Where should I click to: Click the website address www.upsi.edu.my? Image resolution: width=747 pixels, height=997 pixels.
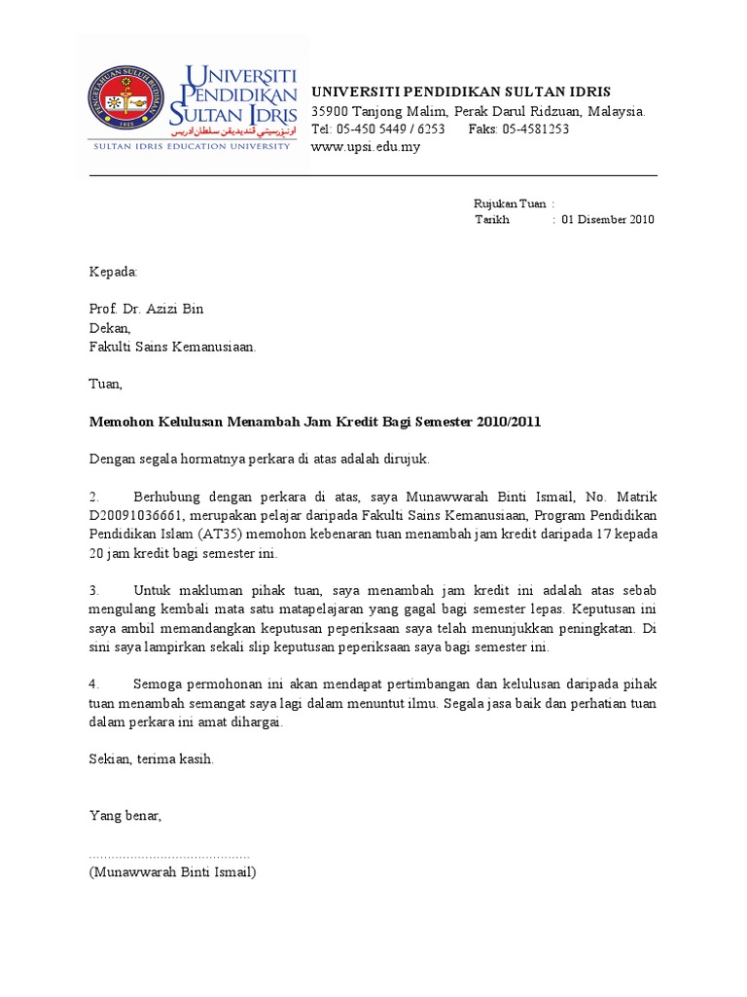pyautogui.click(x=365, y=147)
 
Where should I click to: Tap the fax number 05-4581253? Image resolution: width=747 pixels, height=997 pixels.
pyautogui.click(x=537, y=129)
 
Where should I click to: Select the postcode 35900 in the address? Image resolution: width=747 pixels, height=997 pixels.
pyautogui.click(x=330, y=112)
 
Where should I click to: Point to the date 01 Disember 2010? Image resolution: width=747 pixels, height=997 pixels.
pyautogui.click(x=608, y=220)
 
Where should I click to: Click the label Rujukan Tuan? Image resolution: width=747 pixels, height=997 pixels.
pyautogui.click(x=510, y=203)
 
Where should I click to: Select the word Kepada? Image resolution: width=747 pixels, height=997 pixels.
pyautogui.click(x=114, y=271)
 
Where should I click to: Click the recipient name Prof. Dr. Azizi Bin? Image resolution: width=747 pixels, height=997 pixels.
pyautogui.click(x=147, y=310)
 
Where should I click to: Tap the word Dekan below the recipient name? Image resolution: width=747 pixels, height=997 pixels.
pyautogui.click(x=110, y=328)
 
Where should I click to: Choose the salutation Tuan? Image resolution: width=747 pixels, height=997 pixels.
pyautogui.click(x=106, y=385)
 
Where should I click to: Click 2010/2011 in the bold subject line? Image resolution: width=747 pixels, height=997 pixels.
pyautogui.click(x=506, y=422)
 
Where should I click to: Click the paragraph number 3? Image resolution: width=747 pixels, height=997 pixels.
pyautogui.click(x=94, y=591)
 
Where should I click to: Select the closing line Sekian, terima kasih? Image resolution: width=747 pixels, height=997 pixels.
pyautogui.click(x=151, y=758)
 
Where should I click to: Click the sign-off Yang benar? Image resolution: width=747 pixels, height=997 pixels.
pyautogui.click(x=125, y=816)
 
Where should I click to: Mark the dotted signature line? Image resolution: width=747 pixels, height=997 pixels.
pyautogui.click(x=169, y=854)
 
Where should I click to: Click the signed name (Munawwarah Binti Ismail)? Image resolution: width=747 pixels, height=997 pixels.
pyautogui.click(x=172, y=872)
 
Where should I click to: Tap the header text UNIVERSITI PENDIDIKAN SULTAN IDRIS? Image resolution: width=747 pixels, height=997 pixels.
pyautogui.click(x=461, y=92)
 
